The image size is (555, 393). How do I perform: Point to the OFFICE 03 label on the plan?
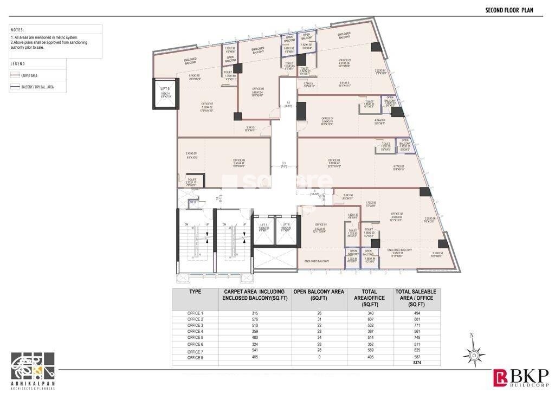(334, 160)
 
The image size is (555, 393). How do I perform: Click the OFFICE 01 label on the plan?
(321, 224)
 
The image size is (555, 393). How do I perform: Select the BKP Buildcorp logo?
(520, 377)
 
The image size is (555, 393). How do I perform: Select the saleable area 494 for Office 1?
(416, 313)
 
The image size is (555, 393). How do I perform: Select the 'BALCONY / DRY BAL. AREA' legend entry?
(37, 86)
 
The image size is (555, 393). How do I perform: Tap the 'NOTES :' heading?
(18, 30)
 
